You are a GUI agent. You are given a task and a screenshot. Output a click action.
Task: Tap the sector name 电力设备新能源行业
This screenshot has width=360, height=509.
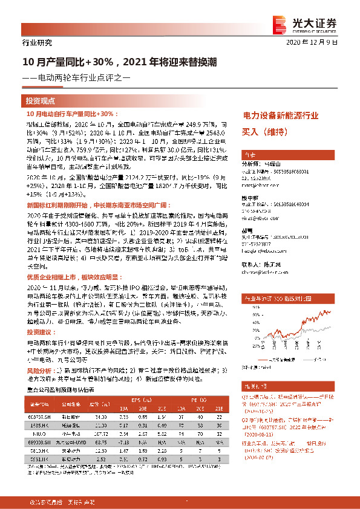point(280,114)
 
